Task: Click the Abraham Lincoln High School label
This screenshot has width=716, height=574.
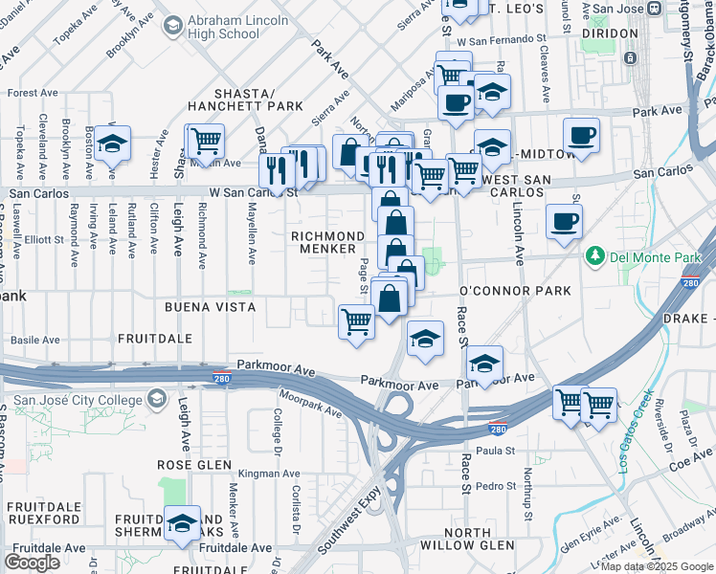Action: tap(222, 26)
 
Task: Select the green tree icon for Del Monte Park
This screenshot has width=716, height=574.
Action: tap(594, 256)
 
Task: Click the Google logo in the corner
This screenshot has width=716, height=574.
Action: tap(33, 563)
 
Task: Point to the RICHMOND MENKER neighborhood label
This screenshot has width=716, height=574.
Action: tap(328, 242)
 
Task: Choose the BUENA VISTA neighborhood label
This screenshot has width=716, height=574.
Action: tap(210, 307)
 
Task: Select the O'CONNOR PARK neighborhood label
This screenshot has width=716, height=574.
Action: tap(515, 291)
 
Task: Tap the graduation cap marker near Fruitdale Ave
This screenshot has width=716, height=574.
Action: tap(182, 522)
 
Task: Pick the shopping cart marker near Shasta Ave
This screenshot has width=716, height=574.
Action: tap(205, 141)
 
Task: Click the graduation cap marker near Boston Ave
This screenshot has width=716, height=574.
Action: tap(112, 143)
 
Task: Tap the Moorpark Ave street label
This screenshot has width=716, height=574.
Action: tap(310, 403)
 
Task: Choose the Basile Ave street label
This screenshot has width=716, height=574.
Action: tap(34, 339)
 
